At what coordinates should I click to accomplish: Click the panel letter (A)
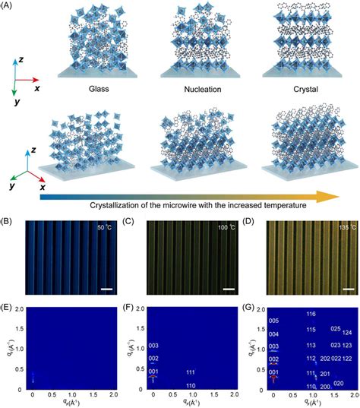9,6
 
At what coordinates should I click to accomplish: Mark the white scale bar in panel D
346,289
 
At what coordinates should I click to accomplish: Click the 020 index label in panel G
339,384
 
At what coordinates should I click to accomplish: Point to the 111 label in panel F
191,372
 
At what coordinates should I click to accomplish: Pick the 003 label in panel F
153,346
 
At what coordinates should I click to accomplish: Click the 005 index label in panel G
274,320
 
